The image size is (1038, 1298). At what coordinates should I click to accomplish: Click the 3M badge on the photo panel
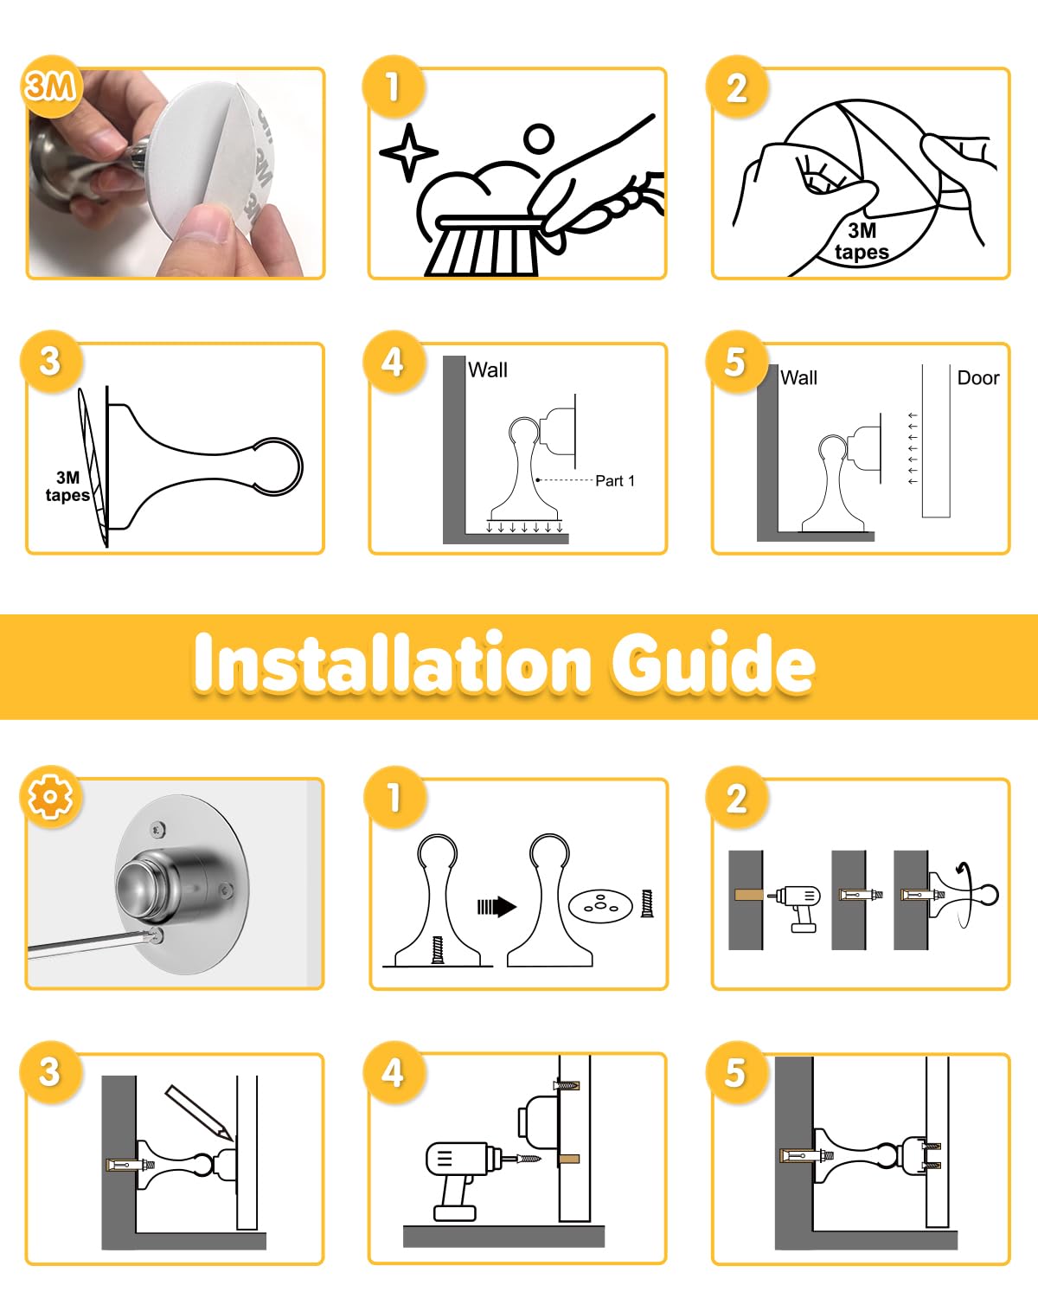point(51,87)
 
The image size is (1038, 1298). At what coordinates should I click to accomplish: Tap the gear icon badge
point(51,797)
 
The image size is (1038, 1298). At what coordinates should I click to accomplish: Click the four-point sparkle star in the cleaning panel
point(409,152)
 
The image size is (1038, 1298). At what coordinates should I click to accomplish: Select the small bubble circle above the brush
point(539,139)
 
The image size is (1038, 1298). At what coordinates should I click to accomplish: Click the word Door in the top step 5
point(977,378)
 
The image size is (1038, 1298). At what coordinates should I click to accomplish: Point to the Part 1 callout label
point(615,481)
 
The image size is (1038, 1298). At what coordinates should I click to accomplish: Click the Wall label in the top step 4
point(487,369)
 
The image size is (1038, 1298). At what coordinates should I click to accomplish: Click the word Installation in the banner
point(393,662)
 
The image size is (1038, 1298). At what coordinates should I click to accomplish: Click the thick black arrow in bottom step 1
point(497,907)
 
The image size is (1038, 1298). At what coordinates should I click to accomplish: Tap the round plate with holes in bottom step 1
point(600,906)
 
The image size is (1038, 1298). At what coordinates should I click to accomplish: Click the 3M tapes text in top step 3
point(67,486)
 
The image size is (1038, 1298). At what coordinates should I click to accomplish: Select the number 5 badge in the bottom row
point(736,1072)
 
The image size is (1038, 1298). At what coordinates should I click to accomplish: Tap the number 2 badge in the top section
point(736,87)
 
